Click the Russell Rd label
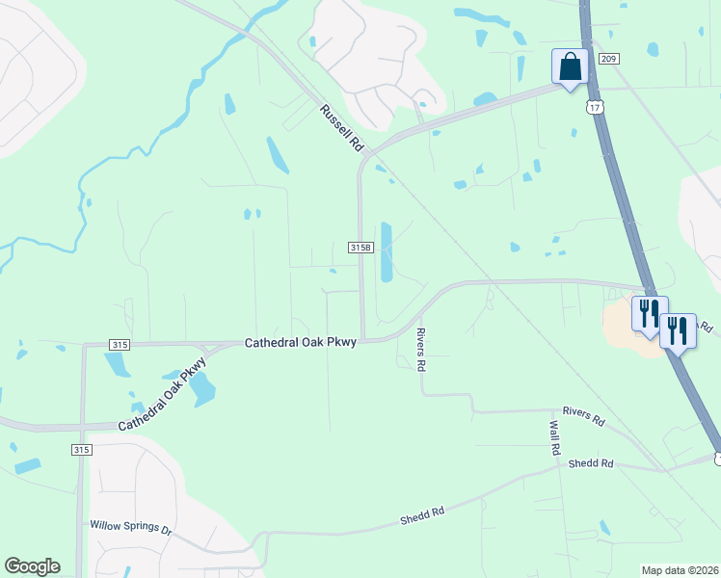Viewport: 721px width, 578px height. tap(341, 129)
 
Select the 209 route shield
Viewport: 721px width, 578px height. tap(607, 59)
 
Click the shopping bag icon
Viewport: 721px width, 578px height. tap(569, 67)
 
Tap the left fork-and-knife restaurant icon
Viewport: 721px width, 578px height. tap(649, 312)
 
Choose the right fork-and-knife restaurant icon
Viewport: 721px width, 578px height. tap(678, 330)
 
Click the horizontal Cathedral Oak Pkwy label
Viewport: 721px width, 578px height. tap(301, 342)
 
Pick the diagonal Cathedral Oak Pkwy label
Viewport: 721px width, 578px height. tap(163, 396)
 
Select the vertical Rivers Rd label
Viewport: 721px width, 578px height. tap(420, 350)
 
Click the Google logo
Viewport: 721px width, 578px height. tap(32, 566)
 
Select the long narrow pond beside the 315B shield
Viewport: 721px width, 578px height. tap(387, 252)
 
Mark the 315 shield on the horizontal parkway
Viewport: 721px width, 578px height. tap(120, 344)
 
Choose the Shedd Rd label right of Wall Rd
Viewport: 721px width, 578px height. tap(591, 463)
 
